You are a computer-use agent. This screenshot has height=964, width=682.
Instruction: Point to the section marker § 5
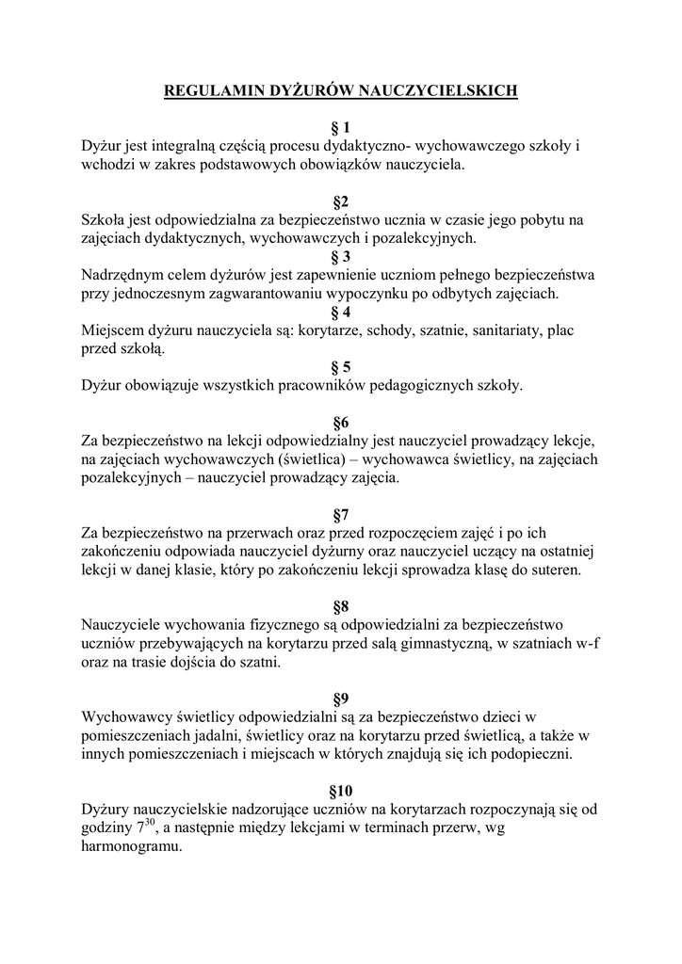[341, 367]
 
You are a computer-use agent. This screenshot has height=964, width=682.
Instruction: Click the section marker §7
[341, 514]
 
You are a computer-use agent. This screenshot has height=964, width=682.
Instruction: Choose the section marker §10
[341, 790]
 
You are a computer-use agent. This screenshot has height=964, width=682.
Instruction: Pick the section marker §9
[341, 699]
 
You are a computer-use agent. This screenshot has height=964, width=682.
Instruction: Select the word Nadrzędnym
[123, 275]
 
